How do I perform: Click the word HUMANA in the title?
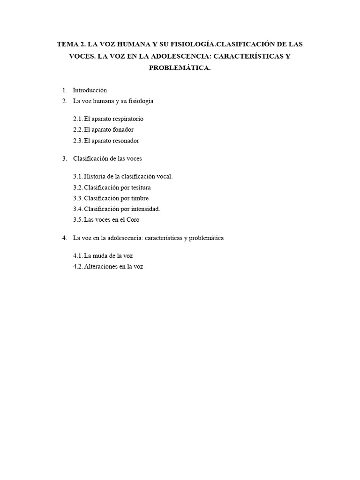point(130,45)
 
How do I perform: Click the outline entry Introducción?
point(90,90)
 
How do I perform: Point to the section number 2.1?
point(78,119)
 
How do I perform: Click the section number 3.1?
point(78,177)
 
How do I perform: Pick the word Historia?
point(95,177)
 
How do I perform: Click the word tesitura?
point(140,187)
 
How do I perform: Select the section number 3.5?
point(78,220)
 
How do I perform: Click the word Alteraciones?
point(100,267)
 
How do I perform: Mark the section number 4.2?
point(78,267)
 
